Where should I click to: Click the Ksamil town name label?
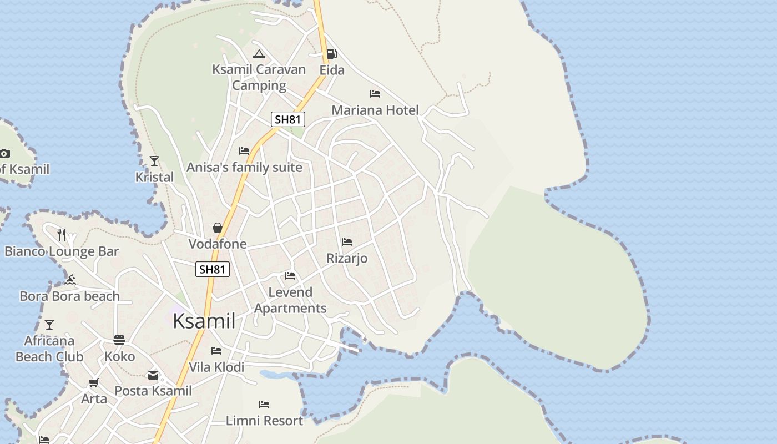coord(204,321)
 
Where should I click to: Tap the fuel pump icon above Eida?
coord(331,54)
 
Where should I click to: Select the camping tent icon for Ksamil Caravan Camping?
coord(259,54)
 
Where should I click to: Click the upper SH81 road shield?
coord(288,119)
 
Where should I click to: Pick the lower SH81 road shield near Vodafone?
coord(213,269)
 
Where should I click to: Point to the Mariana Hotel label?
coord(375,110)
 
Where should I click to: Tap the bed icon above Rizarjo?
coord(347,242)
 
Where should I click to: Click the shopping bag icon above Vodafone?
coord(218,228)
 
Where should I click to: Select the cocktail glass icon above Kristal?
coord(154,161)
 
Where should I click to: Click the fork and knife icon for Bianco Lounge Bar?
coord(62,235)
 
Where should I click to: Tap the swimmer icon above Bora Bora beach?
coord(69,280)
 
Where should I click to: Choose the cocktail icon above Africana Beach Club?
coord(49,324)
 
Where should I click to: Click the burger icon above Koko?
coord(119,340)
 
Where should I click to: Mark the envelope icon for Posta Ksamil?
coord(153,375)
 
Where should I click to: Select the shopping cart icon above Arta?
coord(94,383)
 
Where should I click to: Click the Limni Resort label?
coord(264,421)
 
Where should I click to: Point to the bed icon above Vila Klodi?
coord(216,351)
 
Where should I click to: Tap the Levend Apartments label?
coord(290,300)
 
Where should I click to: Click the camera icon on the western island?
coord(4,153)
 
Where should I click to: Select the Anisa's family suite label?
coord(244,167)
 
